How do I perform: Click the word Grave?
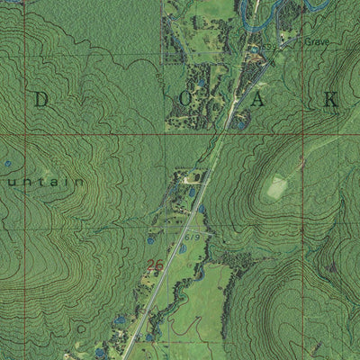[x=317, y=42]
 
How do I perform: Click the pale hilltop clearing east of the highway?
[x=276, y=187]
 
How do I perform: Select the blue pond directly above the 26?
[x=151, y=241]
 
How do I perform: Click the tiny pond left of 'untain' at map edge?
[x=7, y=165]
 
